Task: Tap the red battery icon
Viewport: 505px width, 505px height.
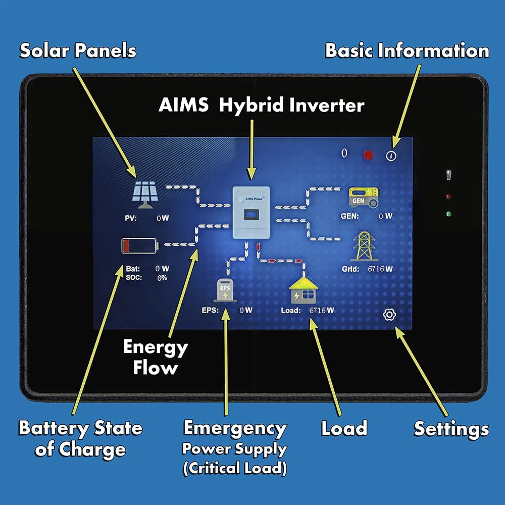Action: [x=139, y=246]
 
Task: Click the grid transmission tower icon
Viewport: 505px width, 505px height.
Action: [x=364, y=246]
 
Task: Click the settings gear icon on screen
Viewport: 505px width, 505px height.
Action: [x=389, y=315]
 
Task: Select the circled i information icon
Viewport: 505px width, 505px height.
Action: [x=391, y=156]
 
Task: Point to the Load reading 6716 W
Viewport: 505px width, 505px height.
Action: [x=321, y=310]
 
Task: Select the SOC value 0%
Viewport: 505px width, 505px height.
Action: [x=162, y=278]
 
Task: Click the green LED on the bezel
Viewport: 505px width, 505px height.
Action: [x=448, y=214]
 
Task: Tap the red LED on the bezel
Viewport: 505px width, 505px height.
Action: [x=448, y=196]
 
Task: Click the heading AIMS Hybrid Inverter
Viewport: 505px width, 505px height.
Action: [x=261, y=106]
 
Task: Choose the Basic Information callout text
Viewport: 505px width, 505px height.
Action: [x=407, y=50]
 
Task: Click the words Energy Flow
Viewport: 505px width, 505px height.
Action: [x=155, y=357]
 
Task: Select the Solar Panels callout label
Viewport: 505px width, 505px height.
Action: [x=78, y=50]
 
